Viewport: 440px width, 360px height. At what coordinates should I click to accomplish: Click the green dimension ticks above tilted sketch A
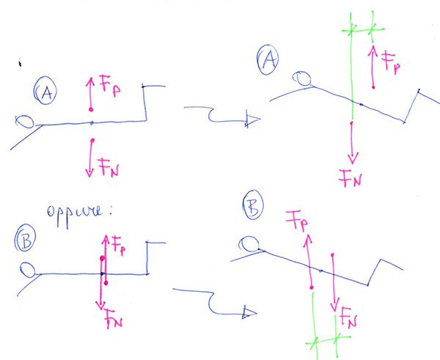click(362, 29)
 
